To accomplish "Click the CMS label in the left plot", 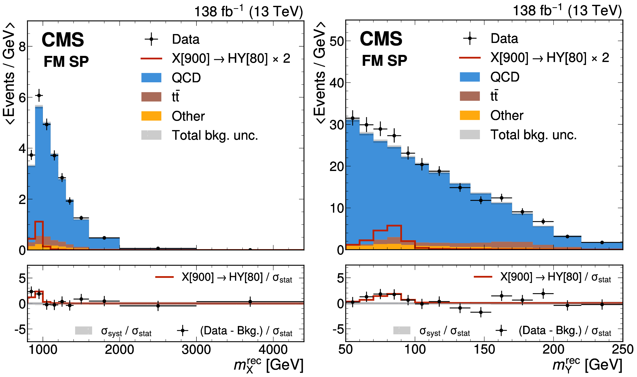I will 63,40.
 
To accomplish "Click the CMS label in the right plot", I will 381,39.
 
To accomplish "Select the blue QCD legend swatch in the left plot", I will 151,77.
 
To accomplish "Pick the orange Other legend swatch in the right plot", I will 470,115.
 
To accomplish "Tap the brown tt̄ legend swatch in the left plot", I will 151,97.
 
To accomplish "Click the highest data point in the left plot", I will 39,96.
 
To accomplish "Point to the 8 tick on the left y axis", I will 22,47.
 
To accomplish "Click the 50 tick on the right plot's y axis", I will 337,41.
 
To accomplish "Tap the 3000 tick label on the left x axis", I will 196,350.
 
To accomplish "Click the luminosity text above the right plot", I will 567,11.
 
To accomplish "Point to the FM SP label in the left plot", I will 66,61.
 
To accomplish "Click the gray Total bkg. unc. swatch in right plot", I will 470,134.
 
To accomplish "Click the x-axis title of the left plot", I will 269,365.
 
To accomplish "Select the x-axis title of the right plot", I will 587,365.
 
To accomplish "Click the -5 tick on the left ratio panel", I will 20,330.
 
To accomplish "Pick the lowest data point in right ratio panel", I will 481,312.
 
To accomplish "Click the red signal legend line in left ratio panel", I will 164,277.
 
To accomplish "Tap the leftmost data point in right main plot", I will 353,118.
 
